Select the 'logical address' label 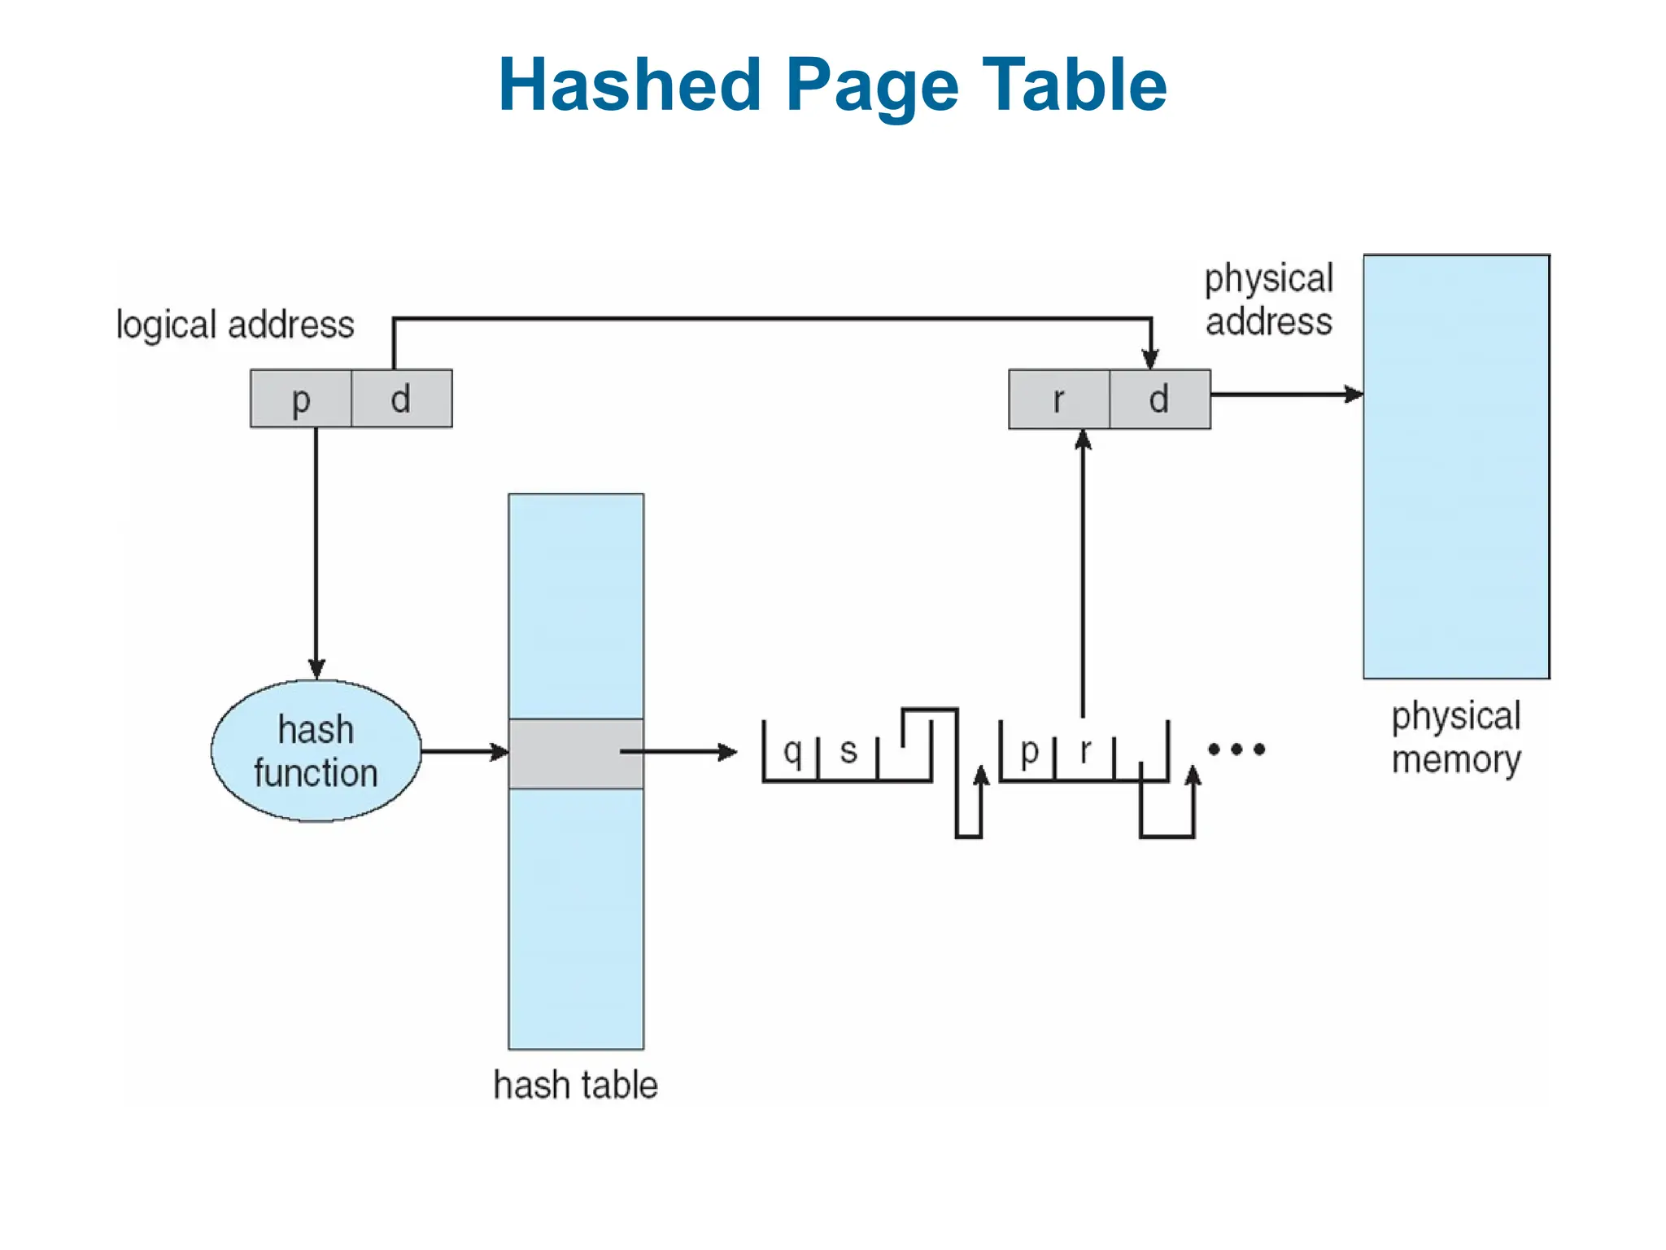pyautogui.click(x=235, y=325)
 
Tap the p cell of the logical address pyautogui.click(x=301, y=399)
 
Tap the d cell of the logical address pyautogui.click(x=401, y=399)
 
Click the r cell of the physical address pyautogui.click(x=1058, y=400)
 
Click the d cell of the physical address pyautogui.click(x=1159, y=400)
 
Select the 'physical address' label pyautogui.click(x=1268, y=299)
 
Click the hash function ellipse pyautogui.click(x=316, y=751)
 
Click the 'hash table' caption pyautogui.click(x=575, y=1085)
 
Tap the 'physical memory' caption pyautogui.click(x=1455, y=737)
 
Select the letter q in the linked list pyautogui.click(x=792, y=751)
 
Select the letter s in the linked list pyautogui.click(x=848, y=751)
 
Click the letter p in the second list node pyautogui.click(x=1029, y=751)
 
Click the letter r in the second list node pyautogui.click(x=1085, y=751)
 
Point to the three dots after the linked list pyautogui.click(x=1236, y=750)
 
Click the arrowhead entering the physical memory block pyautogui.click(x=1354, y=395)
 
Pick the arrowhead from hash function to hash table pyautogui.click(x=499, y=752)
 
